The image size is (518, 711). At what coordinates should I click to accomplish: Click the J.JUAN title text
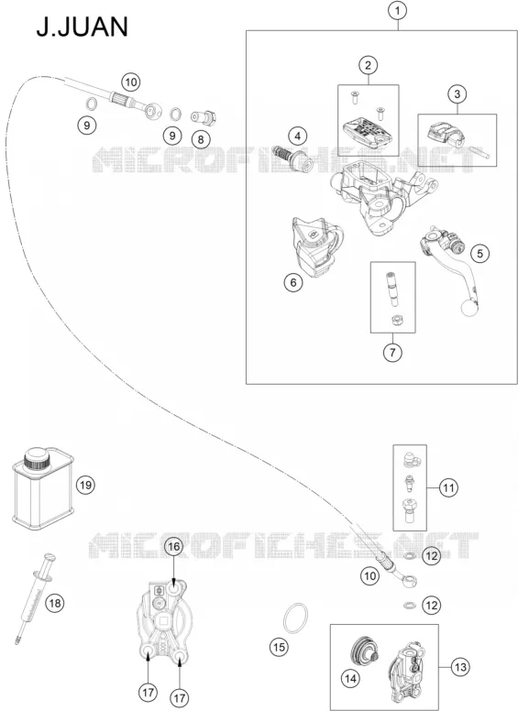tap(83, 27)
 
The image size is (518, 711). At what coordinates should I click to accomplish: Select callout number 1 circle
tap(398, 10)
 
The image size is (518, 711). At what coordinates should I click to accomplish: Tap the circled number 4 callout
tap(298, 136)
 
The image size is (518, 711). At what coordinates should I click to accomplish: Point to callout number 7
tap(392, 352)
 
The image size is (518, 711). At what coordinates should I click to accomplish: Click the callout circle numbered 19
tap(85, 486)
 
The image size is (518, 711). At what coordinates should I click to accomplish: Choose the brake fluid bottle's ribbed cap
tap(37, 459)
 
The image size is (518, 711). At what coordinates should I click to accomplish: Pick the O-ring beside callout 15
tap(295, 618)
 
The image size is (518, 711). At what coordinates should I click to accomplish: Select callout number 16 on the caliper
tap(174, 547)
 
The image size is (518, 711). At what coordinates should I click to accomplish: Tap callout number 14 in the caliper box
tap(350, 679)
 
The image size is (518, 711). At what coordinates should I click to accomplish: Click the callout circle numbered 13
tap(460, 667)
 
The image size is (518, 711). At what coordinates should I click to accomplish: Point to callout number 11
tap(448, 488)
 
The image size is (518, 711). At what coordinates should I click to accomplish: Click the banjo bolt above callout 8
tap(204, 117)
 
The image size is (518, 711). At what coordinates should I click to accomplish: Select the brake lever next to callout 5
tap(448, 268)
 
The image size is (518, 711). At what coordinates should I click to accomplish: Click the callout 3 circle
tap(457, 93)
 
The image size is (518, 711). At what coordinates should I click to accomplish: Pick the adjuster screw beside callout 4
tap(292, 159)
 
